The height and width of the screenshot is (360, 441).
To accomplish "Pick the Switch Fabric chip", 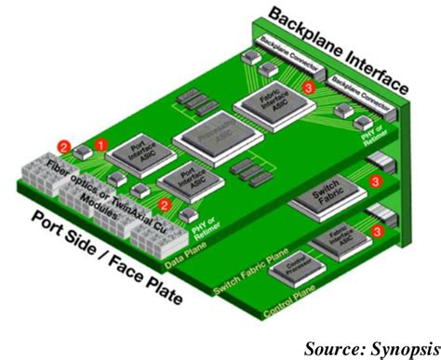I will point(319,195).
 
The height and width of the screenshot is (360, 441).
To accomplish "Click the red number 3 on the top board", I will point(309,87).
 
